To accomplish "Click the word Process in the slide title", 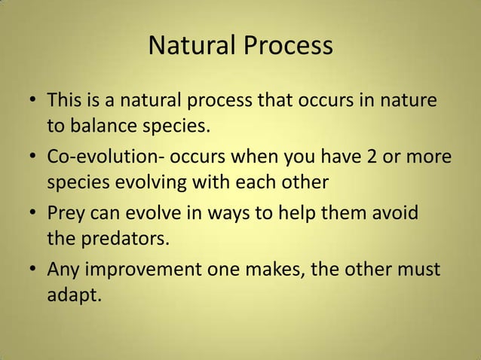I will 286,46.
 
